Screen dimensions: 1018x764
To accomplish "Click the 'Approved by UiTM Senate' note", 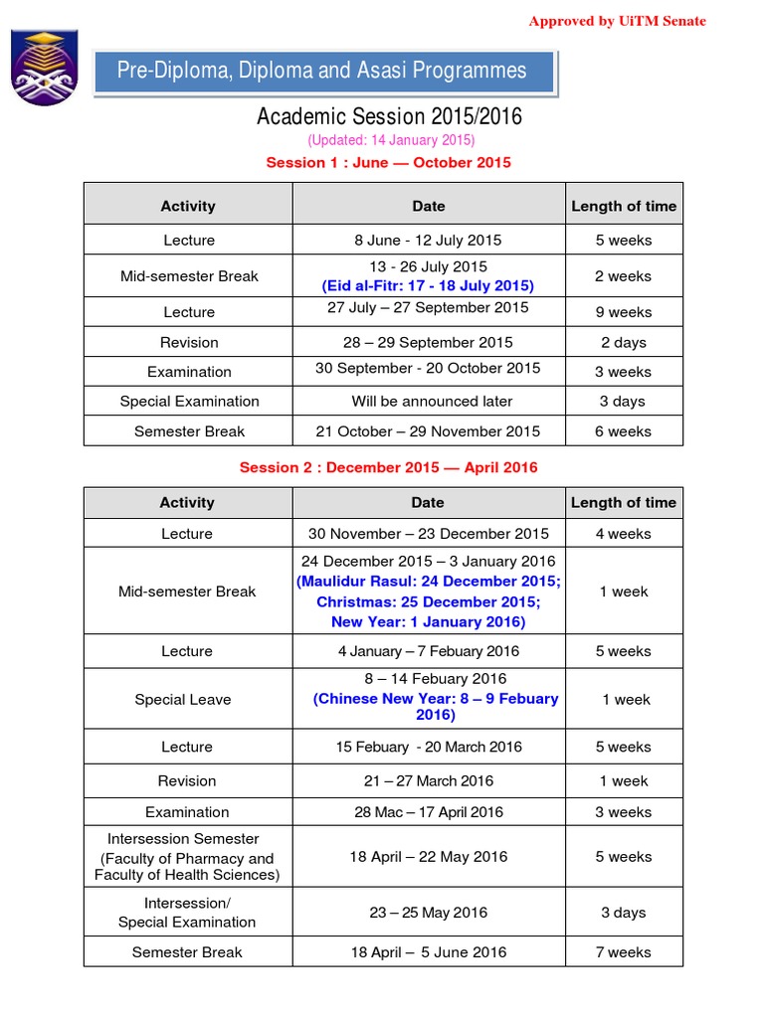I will coord(617,21).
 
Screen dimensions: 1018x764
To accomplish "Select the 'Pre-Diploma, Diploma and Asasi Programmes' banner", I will coord(322,71).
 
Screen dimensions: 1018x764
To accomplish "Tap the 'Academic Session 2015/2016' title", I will coord(389,116).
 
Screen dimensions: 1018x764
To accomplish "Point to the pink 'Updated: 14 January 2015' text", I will coord(391,140).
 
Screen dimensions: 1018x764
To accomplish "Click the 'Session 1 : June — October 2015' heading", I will coord(388,162).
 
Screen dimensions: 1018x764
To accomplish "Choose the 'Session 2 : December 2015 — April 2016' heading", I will coord(388,467).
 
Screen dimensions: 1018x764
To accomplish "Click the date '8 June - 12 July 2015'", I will coord(428,240).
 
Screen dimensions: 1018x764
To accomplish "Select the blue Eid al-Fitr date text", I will coord(428,285).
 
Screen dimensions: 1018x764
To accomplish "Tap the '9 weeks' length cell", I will coord(623,312).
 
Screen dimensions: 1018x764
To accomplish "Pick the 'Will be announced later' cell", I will coord(432,402).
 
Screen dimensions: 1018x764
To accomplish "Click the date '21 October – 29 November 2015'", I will coord(428,431).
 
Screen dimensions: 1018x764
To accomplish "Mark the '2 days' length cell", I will coord(623,342).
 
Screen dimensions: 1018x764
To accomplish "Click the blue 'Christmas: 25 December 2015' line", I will coord(428,601).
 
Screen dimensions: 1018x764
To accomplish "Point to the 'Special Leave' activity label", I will coord(183,700).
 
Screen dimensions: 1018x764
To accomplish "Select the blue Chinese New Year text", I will coord(436,706).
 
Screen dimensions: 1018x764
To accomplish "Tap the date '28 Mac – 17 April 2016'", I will coord(428,812).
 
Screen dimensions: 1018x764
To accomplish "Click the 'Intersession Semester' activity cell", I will coord(186,857).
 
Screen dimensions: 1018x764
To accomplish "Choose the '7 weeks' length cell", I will coord(623,952).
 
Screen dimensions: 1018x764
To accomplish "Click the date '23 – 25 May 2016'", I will coord(428,913).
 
